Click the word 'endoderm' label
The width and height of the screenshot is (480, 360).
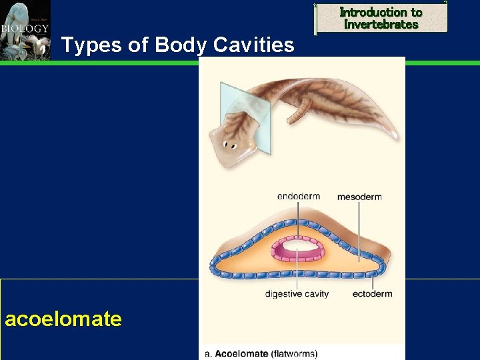click(298, 197)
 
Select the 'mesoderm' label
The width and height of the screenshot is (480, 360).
click(359, 197)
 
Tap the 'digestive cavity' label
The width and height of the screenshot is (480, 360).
click(297, 294)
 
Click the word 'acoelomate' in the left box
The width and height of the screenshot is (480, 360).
click(63, 319)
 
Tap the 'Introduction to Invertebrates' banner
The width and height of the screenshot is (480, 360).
click(381, 18)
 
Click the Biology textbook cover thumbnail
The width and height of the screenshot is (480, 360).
click(25, 30)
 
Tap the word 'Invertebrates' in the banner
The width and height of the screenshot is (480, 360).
click(381, 25)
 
